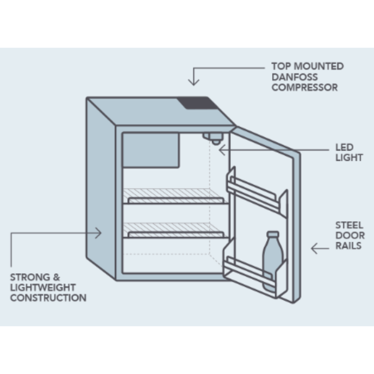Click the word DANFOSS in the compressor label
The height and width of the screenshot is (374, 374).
[x=295, y=77]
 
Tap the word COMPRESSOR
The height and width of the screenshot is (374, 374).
[x=304, y=87]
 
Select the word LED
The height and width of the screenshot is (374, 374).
[x=344, y=147]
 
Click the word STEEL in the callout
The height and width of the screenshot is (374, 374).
[x=349, y=225]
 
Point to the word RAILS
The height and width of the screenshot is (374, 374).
[x=348, y=245]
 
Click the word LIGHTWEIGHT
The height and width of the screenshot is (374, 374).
[x=43, y=287]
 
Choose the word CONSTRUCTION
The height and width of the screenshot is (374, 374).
[x=48, y=298]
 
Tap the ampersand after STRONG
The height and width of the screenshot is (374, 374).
[x=56, y=277]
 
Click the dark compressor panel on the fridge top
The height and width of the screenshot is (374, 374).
[x=197, y=103]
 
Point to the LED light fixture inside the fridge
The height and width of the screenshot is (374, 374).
[x=214, y=138]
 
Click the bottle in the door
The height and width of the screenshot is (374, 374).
[x=272, y=260]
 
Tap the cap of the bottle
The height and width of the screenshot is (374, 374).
[x=273, y=234]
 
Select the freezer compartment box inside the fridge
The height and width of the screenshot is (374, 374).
[x=151, y=150]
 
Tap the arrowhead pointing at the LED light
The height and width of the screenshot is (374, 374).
[x=222, y=150]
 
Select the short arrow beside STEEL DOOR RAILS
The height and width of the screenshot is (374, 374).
[x=320, y=248]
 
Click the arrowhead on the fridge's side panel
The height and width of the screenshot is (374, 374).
[x=98, y=233]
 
